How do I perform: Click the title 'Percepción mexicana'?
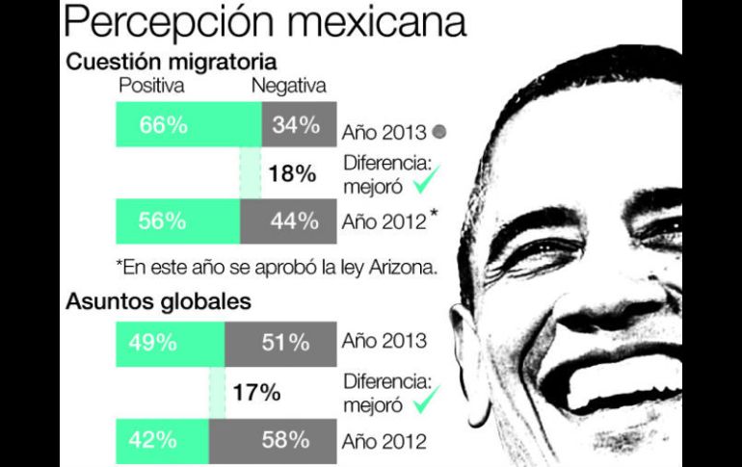point(265,21)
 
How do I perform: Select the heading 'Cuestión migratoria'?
point(172,63)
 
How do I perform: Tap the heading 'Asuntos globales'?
point(159,301)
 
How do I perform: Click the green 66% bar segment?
point(188,125)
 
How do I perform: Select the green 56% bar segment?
point(177,221)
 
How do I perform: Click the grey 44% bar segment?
point(288,221)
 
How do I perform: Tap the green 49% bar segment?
point(170,343)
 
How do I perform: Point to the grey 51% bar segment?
point(280,343)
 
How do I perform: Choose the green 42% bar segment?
point(161,441)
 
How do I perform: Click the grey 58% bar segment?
point(273,441)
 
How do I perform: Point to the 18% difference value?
point(292,173)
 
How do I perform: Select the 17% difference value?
point(256,392)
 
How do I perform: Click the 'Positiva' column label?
point(151,87)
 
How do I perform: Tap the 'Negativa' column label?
point(288,87)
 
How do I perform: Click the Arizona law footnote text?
point(276,267)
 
